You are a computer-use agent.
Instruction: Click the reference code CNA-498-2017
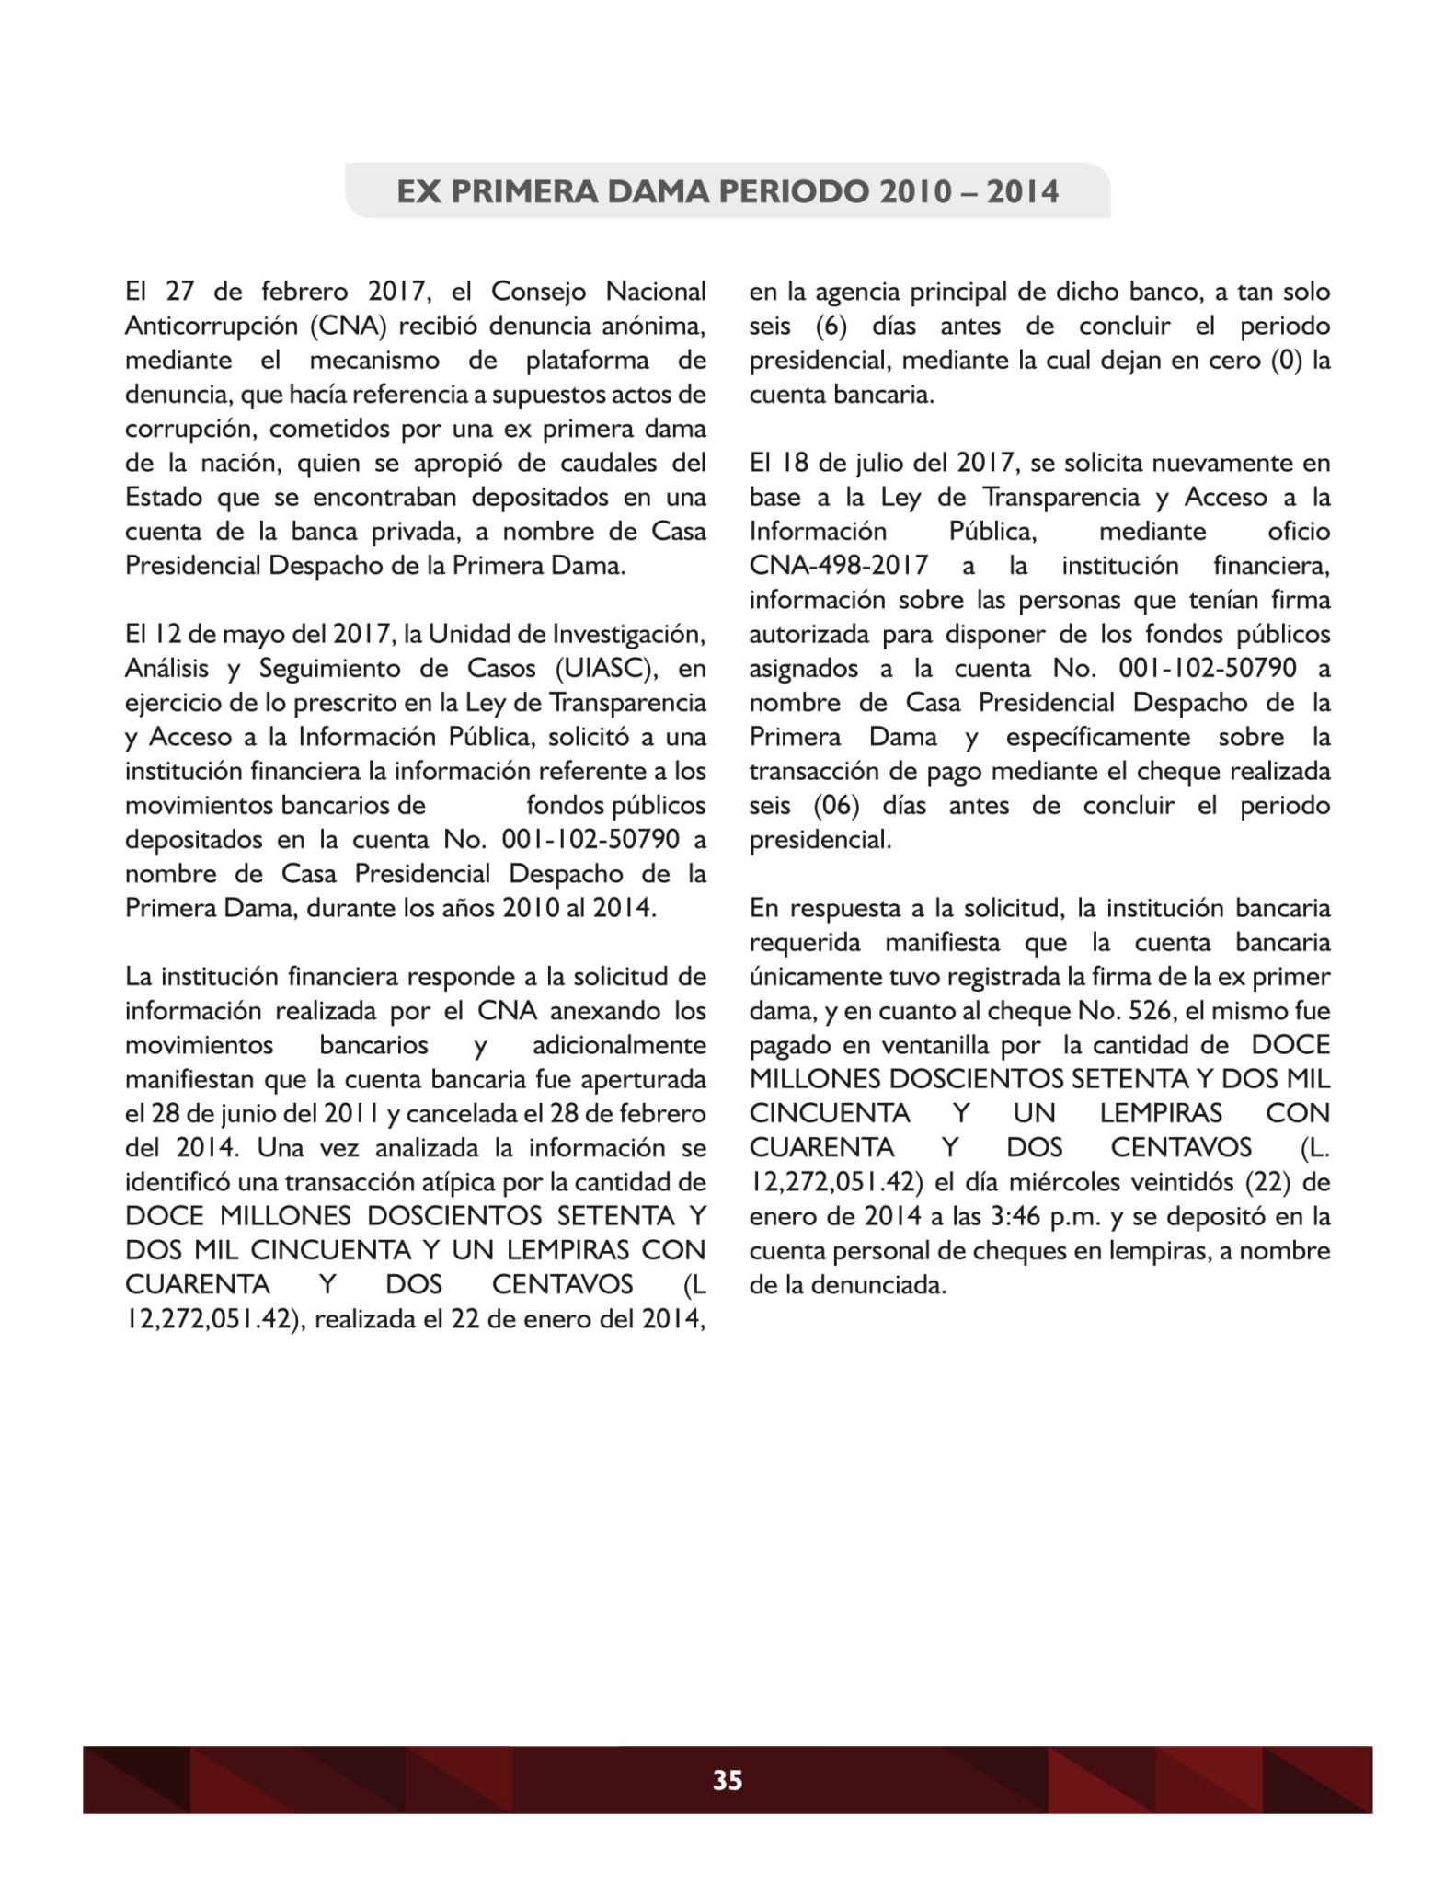[838, 566]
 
